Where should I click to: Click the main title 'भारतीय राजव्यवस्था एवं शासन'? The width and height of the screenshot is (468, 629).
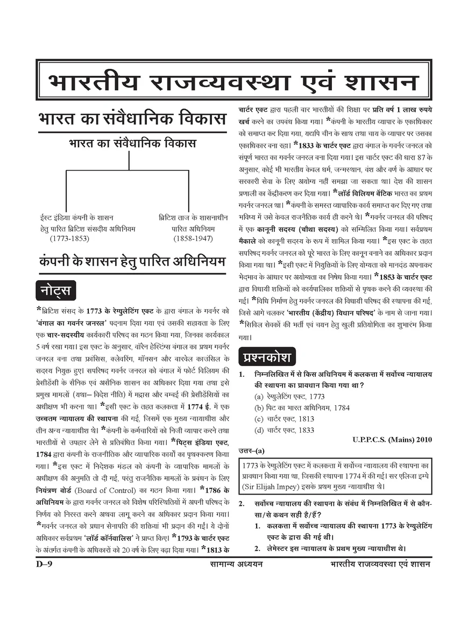pos(233,82)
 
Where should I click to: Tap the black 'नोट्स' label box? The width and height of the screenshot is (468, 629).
pos(55,290)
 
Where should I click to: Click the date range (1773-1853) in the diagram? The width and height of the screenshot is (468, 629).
pos(69,238)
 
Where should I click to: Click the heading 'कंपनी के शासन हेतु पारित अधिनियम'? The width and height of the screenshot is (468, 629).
pos(132,262)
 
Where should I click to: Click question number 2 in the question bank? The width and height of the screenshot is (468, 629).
pos(242,504)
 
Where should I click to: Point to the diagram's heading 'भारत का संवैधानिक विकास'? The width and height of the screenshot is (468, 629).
pos(132,144)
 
